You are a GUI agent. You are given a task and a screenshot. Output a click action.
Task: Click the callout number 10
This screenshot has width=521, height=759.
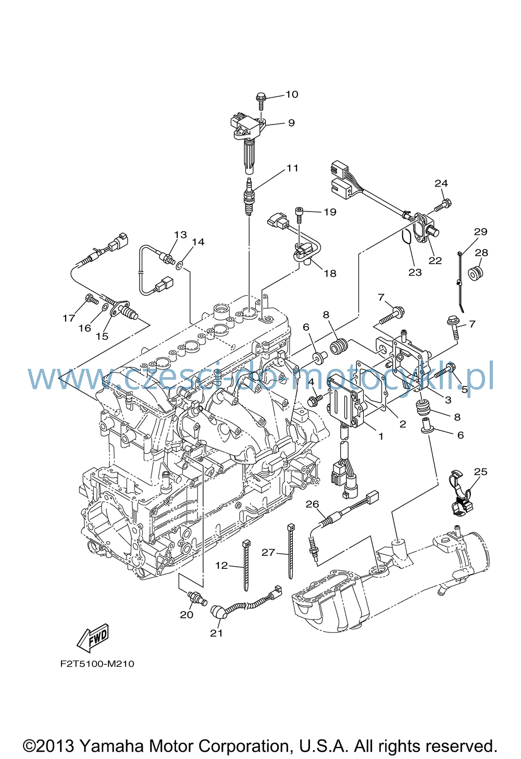click(292, 94)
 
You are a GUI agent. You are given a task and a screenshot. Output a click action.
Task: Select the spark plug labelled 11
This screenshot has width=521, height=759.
click(249, 196)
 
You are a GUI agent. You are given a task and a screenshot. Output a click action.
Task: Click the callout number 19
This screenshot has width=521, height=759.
click(330, 212)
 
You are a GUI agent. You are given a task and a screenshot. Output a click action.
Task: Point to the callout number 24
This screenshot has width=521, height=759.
click(441, 183)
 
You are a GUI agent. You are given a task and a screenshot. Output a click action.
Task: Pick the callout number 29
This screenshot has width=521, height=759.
click(481, 232)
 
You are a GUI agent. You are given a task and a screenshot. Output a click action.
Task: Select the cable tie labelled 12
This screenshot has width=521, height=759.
click(246, 570)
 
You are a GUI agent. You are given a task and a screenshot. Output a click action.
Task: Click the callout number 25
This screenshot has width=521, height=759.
click(480, 471)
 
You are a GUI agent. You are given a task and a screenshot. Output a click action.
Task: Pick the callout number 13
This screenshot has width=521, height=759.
click(181, 234)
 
